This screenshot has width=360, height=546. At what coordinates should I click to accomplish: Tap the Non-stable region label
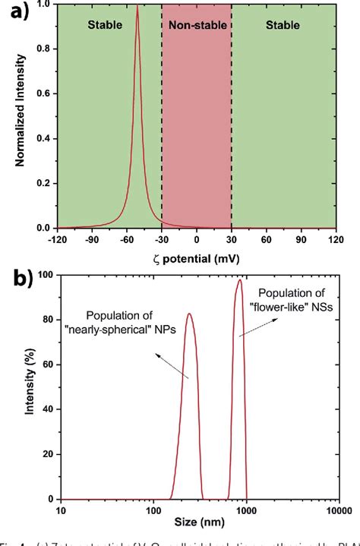[x=196, y=25]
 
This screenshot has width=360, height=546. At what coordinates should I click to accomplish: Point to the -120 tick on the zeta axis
[x=58, y=240]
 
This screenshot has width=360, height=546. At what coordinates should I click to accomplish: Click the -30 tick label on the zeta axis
[x=162, y=240]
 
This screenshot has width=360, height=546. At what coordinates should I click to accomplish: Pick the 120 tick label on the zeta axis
[x=336, y=240]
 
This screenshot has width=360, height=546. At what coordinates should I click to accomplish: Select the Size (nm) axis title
[x=198, y=527]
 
